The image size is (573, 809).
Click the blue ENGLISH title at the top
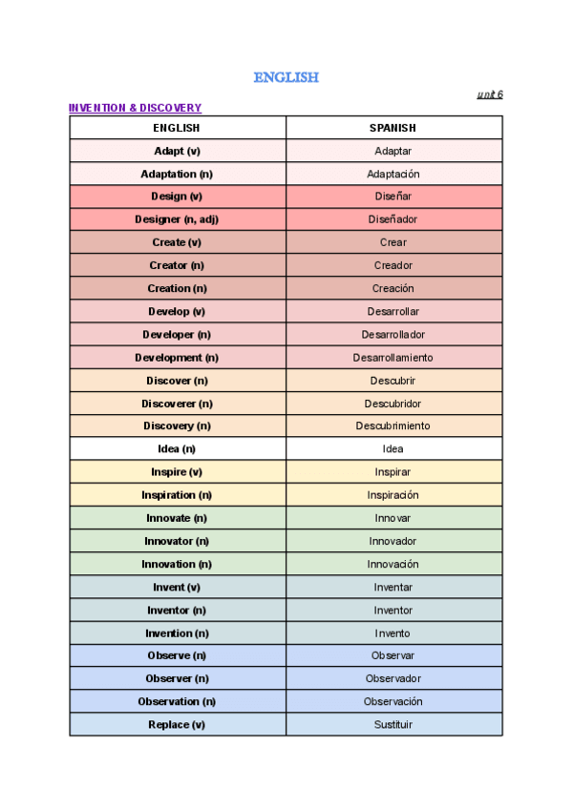click(x=286, y=77)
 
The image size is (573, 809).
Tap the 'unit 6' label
click(x=489, y=94)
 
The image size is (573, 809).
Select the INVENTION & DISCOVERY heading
click(x=135, y=108)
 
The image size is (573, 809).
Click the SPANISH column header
click(x=393, y=128)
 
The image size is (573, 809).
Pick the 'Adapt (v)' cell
click(x=177, y=151)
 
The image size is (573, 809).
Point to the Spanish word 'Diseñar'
click(x=393, y=197)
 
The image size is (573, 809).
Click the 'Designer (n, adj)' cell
click(x=177, y=219)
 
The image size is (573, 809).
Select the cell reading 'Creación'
click(x=393, y=288)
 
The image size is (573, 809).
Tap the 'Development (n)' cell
click(x=177, y=358)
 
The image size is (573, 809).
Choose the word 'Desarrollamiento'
click(x=393, y=358)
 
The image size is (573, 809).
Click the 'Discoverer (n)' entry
click(x=177, y=404)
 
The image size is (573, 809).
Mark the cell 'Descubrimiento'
click(x=393, y=426)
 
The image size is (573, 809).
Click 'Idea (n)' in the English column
click(x=177, y=449)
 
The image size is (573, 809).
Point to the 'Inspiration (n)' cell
click(x=177, y=495)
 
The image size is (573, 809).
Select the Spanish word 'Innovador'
click(x=393, y=541)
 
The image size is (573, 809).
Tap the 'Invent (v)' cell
click(x=177, y=587)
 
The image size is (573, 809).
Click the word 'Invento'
click(x=393, y=633)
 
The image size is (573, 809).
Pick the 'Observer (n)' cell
click(x=177, y=678)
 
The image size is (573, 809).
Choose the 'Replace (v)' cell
click(x=177, y=724)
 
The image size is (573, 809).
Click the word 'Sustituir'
click(x=393, y=724)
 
